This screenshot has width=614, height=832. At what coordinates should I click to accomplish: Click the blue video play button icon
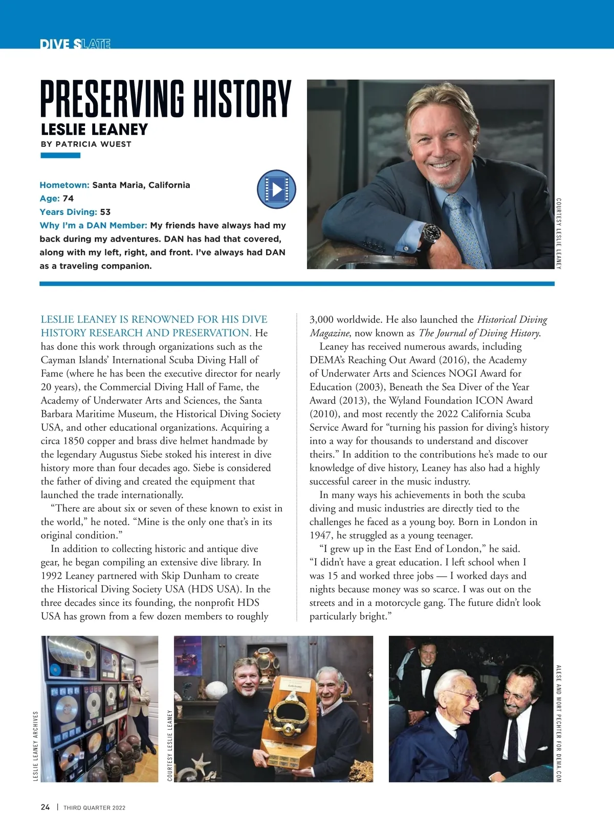pyautogui.click(x=276, y=189)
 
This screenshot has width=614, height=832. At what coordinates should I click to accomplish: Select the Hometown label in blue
pyautogui.click(x=64, y=185)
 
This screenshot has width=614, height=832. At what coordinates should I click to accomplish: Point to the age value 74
pyautogui.click(x=68, y=199)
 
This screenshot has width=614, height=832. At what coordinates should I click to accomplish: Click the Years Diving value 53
pyautogui.click(x=105, y=212)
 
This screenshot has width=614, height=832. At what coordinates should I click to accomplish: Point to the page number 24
pyautogui.click(x=45, y=807)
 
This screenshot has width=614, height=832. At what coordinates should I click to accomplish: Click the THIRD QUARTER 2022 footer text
pyautogui.click(x=94, y=808)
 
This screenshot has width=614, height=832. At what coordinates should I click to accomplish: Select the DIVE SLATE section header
pyautogui.click(x=75, y=45)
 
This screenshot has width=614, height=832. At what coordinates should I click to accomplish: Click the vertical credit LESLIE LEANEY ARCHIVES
pyautogui.click(x=36, y=746)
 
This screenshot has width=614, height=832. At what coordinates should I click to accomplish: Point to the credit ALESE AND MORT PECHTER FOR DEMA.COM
pyautogui.click(x=558, y=722)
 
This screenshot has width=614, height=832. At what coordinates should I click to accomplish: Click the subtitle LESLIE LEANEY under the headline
pyautogui.click(x=94, y=129)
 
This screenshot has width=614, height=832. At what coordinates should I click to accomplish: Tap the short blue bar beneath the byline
pyautogui.click(x=60, y=156)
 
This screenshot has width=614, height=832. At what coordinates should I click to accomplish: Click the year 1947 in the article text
pyautogui.click(x=320, y=535)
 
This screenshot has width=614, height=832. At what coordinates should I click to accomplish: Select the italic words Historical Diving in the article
pyautogui.click(x=512, y=320)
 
